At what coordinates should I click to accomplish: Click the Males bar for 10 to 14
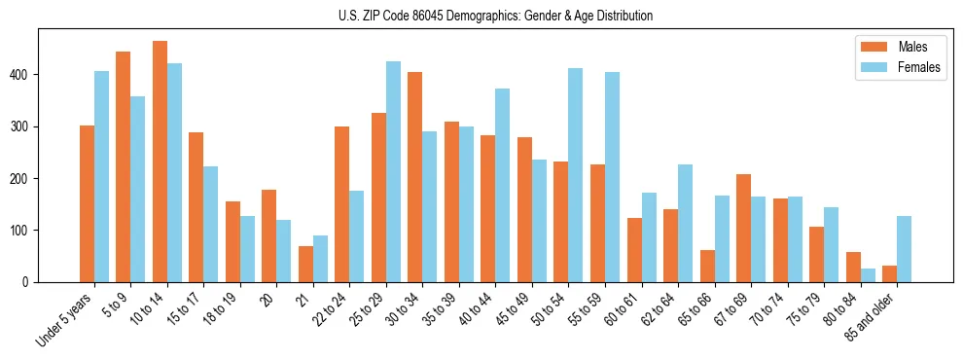coord(160,162)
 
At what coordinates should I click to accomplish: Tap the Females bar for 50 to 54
coord(576,175)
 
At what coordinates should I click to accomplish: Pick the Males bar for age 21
coord(305,264)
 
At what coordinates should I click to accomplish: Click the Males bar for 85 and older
coord(889,273)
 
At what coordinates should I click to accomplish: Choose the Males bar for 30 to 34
coord(415,177)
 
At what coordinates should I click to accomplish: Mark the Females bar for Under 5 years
coord(101,176)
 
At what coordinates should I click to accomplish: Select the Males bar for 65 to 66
coord(707,266)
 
